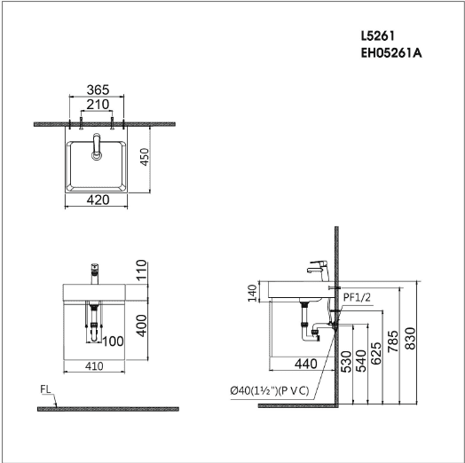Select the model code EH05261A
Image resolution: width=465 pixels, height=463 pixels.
(x=391, y=53)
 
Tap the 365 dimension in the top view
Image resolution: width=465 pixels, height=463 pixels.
(x=98, y=90)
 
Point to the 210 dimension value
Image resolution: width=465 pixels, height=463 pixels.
(x=98, y=105)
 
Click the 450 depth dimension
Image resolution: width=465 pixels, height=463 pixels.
(x=145, y=157)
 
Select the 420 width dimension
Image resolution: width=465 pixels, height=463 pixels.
(x=98, y=200)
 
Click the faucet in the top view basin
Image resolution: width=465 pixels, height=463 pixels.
(x=97, y=146)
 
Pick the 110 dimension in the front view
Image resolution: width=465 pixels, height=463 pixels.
(x=141, y=270)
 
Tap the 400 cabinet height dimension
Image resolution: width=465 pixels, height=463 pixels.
(x=141, y=326)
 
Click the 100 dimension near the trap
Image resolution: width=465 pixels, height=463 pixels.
(x=113, y=341)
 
